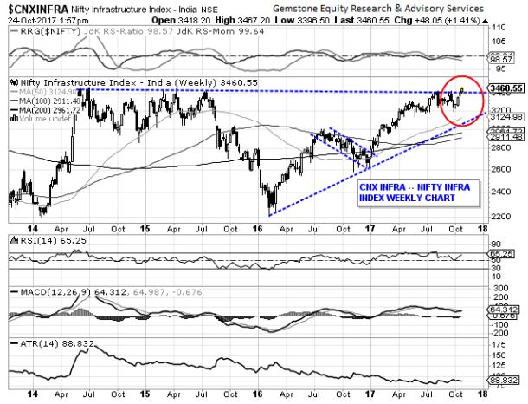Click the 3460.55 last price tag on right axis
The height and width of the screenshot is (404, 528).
coord(503,88)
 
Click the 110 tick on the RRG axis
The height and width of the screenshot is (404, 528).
coord(499,28)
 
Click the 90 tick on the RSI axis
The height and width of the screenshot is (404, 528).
coord(498,238)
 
